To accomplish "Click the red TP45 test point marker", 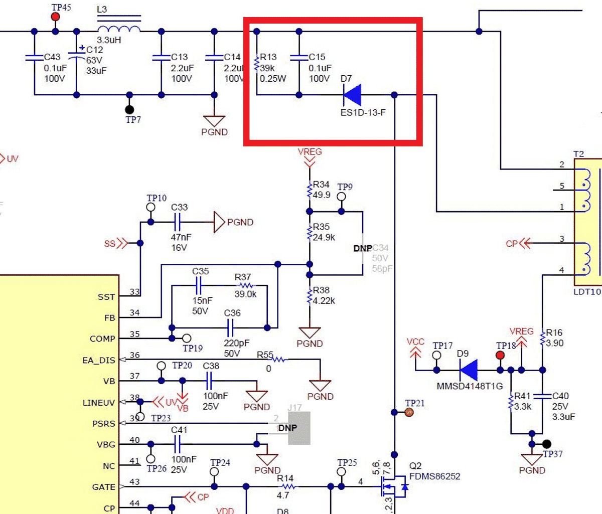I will click(x=56, y=17).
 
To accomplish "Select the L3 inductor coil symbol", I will click(x=118, y=27).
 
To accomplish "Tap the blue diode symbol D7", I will click(x=352, y=94).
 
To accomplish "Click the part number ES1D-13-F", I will click(x=363, y=112).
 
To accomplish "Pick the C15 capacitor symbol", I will click(x=299, y=57).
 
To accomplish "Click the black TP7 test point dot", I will click(x=130, y=109).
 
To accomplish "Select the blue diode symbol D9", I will click(x=469, y=370).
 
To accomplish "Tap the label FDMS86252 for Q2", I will click(x=434, y=476).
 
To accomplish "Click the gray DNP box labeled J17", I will click(x=294, y=428).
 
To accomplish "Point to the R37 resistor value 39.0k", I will click(x=245, y=294).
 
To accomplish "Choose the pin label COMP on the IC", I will click(x=102, y=339).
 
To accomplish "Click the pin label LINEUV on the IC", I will click(x=99, y=403).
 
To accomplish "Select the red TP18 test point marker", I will click(x=500, y=355).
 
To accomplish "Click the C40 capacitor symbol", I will click(x=542, y=396).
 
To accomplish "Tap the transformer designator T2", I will click(x=578, y=154).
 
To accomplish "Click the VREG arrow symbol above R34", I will click(x=310, y=162).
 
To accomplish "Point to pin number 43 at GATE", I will click(x=134, y=482).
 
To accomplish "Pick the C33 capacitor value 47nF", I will click(x=181, y=237).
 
